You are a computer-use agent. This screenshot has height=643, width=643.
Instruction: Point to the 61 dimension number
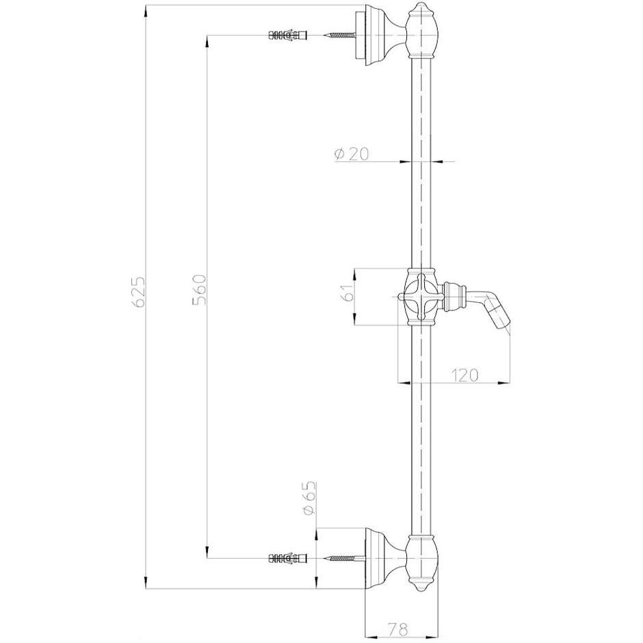[x=347, y=294]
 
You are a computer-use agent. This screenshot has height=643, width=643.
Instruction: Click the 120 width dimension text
[x=464, y=374]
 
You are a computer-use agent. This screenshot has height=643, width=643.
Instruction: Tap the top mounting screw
[x=339, y=35]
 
